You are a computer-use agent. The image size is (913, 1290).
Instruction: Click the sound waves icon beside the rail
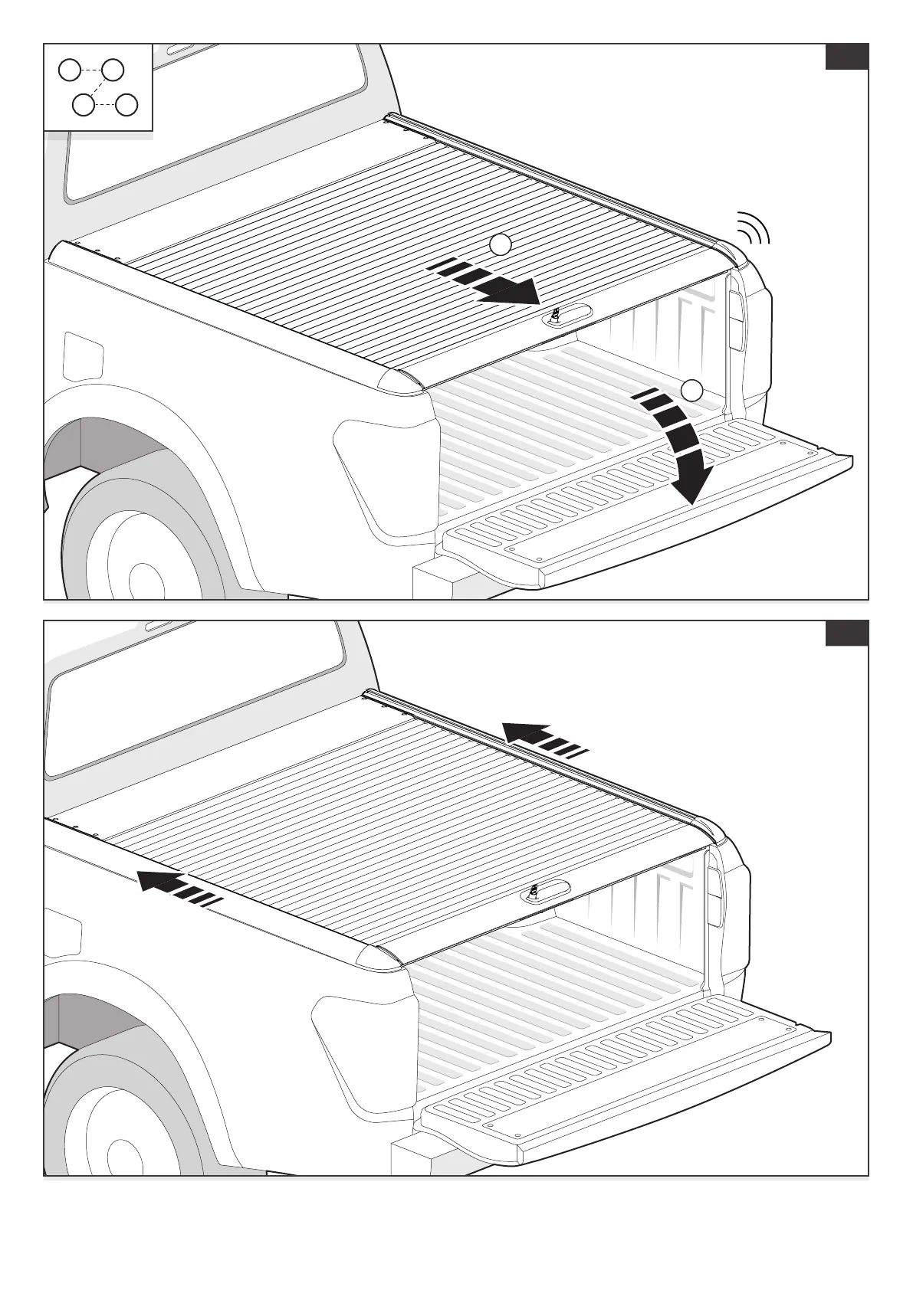pos(754,229)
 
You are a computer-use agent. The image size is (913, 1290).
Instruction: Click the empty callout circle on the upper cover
pos(500,244)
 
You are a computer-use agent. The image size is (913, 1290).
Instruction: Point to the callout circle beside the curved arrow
pos(692,390)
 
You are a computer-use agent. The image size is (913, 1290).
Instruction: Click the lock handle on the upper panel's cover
pos(567,315)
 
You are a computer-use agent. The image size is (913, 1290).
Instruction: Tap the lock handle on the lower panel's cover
pos(545,892)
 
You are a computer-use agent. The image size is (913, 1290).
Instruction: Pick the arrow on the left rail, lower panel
pos(179,889)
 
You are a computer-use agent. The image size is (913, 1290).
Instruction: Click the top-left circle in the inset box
pos(70,70)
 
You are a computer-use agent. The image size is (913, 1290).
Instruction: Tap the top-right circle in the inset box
pos(113,70)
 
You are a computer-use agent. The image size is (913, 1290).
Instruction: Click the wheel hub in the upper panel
pos(142,578)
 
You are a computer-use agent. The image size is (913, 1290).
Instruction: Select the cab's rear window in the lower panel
pos(192,705)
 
